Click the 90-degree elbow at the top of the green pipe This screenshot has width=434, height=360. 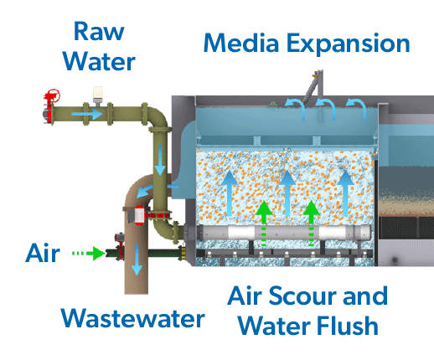(x=154, y=115)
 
